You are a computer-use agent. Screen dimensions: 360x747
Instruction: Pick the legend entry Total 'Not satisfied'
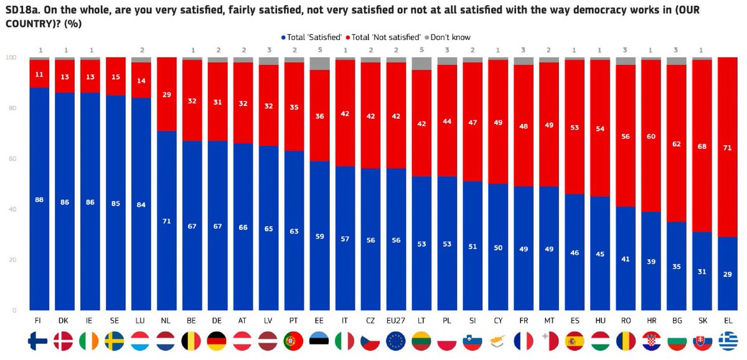pyautogui.click(x=387, y=37)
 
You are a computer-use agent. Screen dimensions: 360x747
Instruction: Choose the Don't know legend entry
pyautogui.click(x=448, y=37)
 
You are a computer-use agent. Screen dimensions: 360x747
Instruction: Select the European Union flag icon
pyautogui.click(x=396, y=341)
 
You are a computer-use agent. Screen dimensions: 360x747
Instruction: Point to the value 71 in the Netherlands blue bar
pyautogui.click(x=166, y=220)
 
